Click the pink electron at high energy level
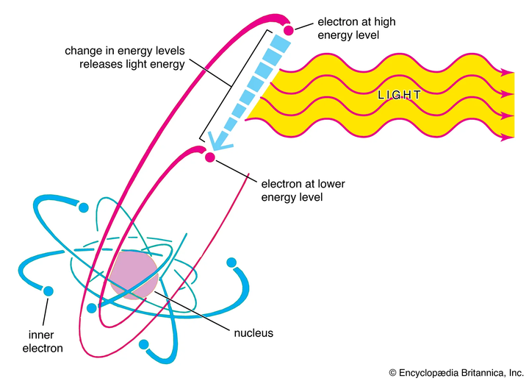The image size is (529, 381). (289, 30)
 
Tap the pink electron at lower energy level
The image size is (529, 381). (210, 157)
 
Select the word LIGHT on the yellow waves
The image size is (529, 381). (399, 95)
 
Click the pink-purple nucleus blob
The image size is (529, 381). (134, 274)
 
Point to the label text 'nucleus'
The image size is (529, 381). (253, 333)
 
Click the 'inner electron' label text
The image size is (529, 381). (43, 341)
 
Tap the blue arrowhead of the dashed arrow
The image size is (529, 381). (219, 142)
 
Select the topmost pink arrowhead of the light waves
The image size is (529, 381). (507, 72)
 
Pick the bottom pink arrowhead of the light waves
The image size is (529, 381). (507, 137)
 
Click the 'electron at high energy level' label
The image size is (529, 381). (356, 29)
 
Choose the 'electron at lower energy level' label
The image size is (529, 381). (303, 190)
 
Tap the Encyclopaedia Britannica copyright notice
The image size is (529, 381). (456, 373)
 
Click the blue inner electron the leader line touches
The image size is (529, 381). (48, 291)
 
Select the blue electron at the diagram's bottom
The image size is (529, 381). (144, 344)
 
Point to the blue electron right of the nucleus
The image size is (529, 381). (231, 263)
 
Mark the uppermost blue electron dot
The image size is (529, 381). (83, 207)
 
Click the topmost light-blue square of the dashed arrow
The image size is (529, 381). (281, 43)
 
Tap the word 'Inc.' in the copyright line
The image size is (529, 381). (516, 373)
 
